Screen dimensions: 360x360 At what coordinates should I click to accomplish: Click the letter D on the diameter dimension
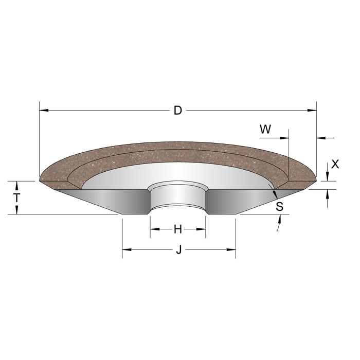coord(178,111)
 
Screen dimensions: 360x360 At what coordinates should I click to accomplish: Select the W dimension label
coord(265,130)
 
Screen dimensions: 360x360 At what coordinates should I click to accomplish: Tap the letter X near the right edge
coord(335,164)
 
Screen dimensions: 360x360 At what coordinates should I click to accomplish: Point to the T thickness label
coord(17,197)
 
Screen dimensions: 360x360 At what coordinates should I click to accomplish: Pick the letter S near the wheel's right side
coord(279,207)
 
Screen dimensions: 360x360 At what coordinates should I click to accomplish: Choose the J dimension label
coord(178,250)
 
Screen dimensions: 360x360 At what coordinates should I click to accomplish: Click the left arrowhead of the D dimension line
coord(43,111)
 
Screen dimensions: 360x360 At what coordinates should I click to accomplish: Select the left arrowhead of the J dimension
coord(126,250)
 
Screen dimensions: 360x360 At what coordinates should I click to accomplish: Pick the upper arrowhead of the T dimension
coord(17,184)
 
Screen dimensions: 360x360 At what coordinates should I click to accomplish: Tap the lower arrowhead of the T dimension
coord(17,211)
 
